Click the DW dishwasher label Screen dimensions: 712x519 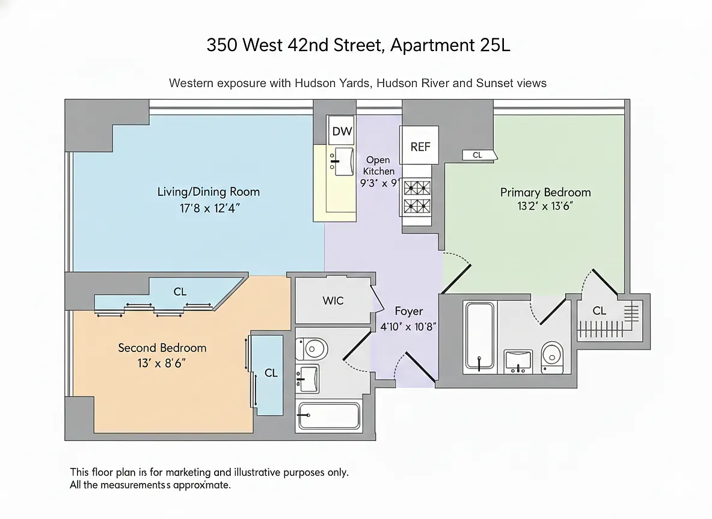click(342, 131)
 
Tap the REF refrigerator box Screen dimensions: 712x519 click(419, 145)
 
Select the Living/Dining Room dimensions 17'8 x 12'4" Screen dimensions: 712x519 click(209, 208)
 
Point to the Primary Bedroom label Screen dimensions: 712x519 click(545, 192)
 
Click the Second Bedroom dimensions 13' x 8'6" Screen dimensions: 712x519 click(162, 363)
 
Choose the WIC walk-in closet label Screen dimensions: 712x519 click(333, 300)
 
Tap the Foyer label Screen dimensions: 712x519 click(409, 311)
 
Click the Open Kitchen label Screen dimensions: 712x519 click(378, 166)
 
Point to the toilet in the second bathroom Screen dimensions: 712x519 click(312, 349)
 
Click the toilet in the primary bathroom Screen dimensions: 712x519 click(552, 357)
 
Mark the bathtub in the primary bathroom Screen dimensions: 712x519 click(479, 336)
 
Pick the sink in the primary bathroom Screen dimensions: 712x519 click(518, 361)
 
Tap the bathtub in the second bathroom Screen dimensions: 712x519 click(328, 416)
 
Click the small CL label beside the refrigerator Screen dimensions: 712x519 click(477, 155)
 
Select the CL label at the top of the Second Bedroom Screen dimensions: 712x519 click(180, 292)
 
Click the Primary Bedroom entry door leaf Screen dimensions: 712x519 click(456, 279)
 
